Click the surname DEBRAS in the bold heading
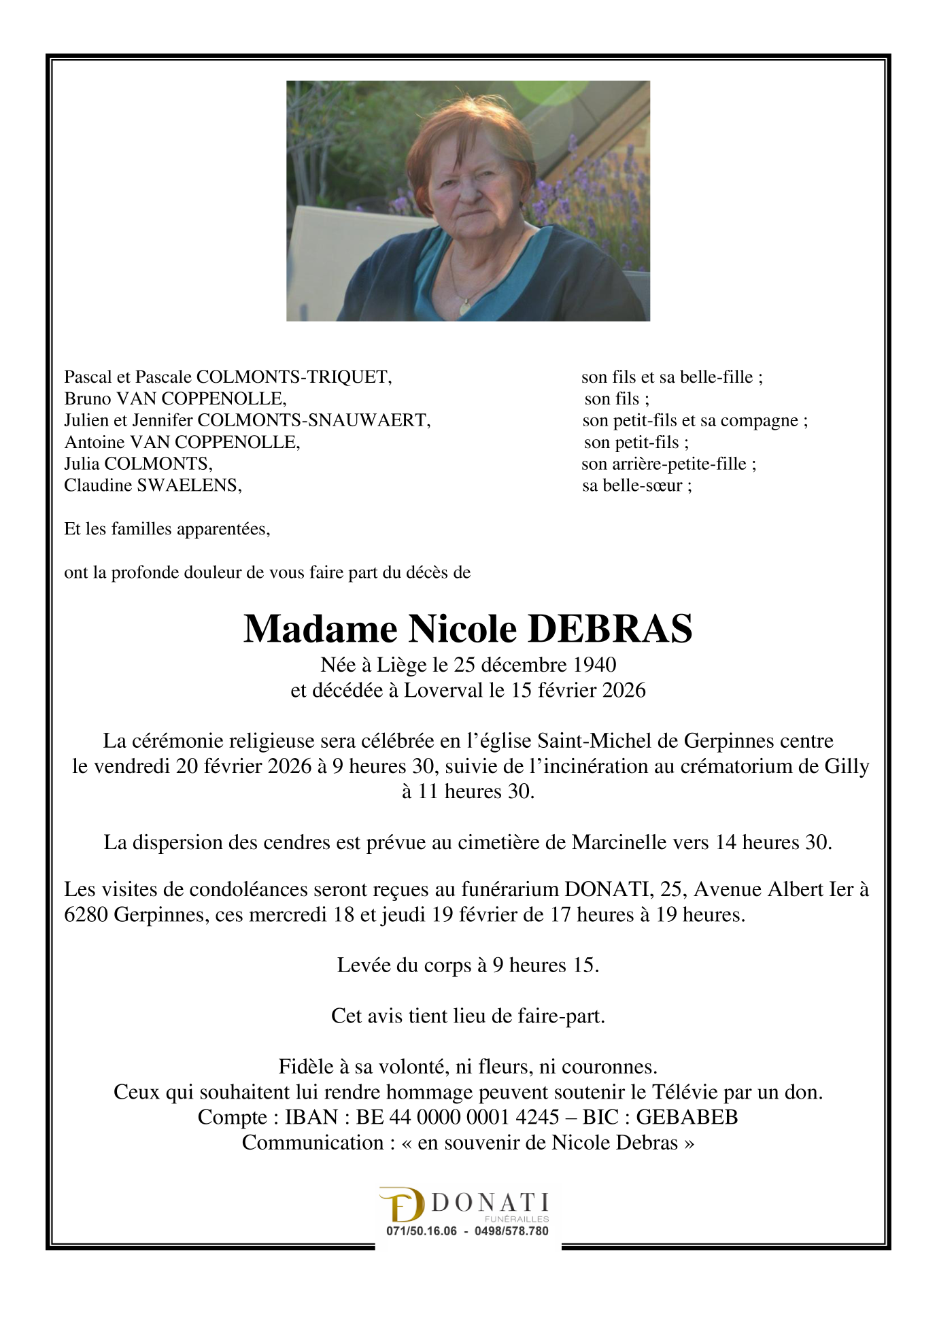click(610, 629)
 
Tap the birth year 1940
click(594, 664)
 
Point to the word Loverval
click(444, 690)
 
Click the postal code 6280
click(86, 914)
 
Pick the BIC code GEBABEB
click(687, 1117)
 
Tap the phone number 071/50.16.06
click(422, 1231)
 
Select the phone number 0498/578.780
click(511, 1231)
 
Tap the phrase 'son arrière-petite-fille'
click(664, 464)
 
